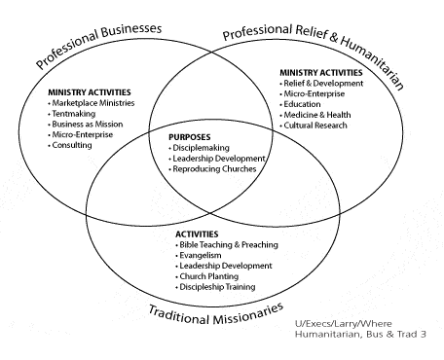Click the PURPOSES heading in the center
pos(190,137)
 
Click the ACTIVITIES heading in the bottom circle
pos(197,234)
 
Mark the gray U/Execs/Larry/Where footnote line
pos(344,324)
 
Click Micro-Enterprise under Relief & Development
pos(313,93)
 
